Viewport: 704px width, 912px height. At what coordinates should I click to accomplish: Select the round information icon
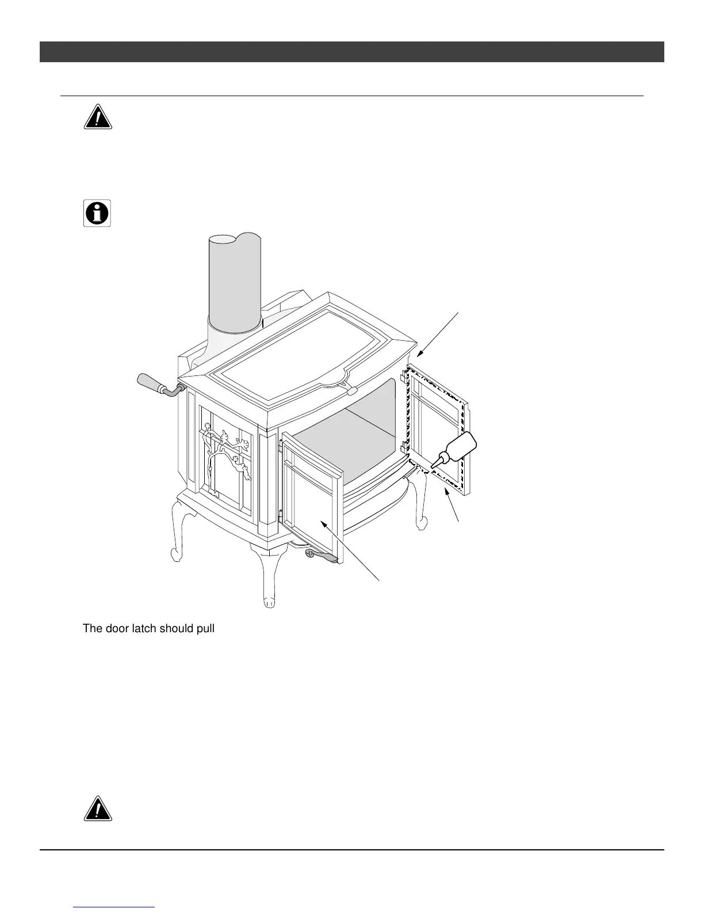pos(97,214)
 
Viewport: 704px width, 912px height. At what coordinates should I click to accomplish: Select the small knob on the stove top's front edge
pos(351,390)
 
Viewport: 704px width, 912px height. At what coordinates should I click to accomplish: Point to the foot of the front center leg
pos(268,603)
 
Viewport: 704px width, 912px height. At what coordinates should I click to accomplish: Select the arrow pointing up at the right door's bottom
pos(452,504)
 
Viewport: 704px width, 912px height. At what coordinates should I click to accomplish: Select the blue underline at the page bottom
pos(114,907)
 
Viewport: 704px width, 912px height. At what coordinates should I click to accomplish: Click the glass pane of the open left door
pos(313,507)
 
